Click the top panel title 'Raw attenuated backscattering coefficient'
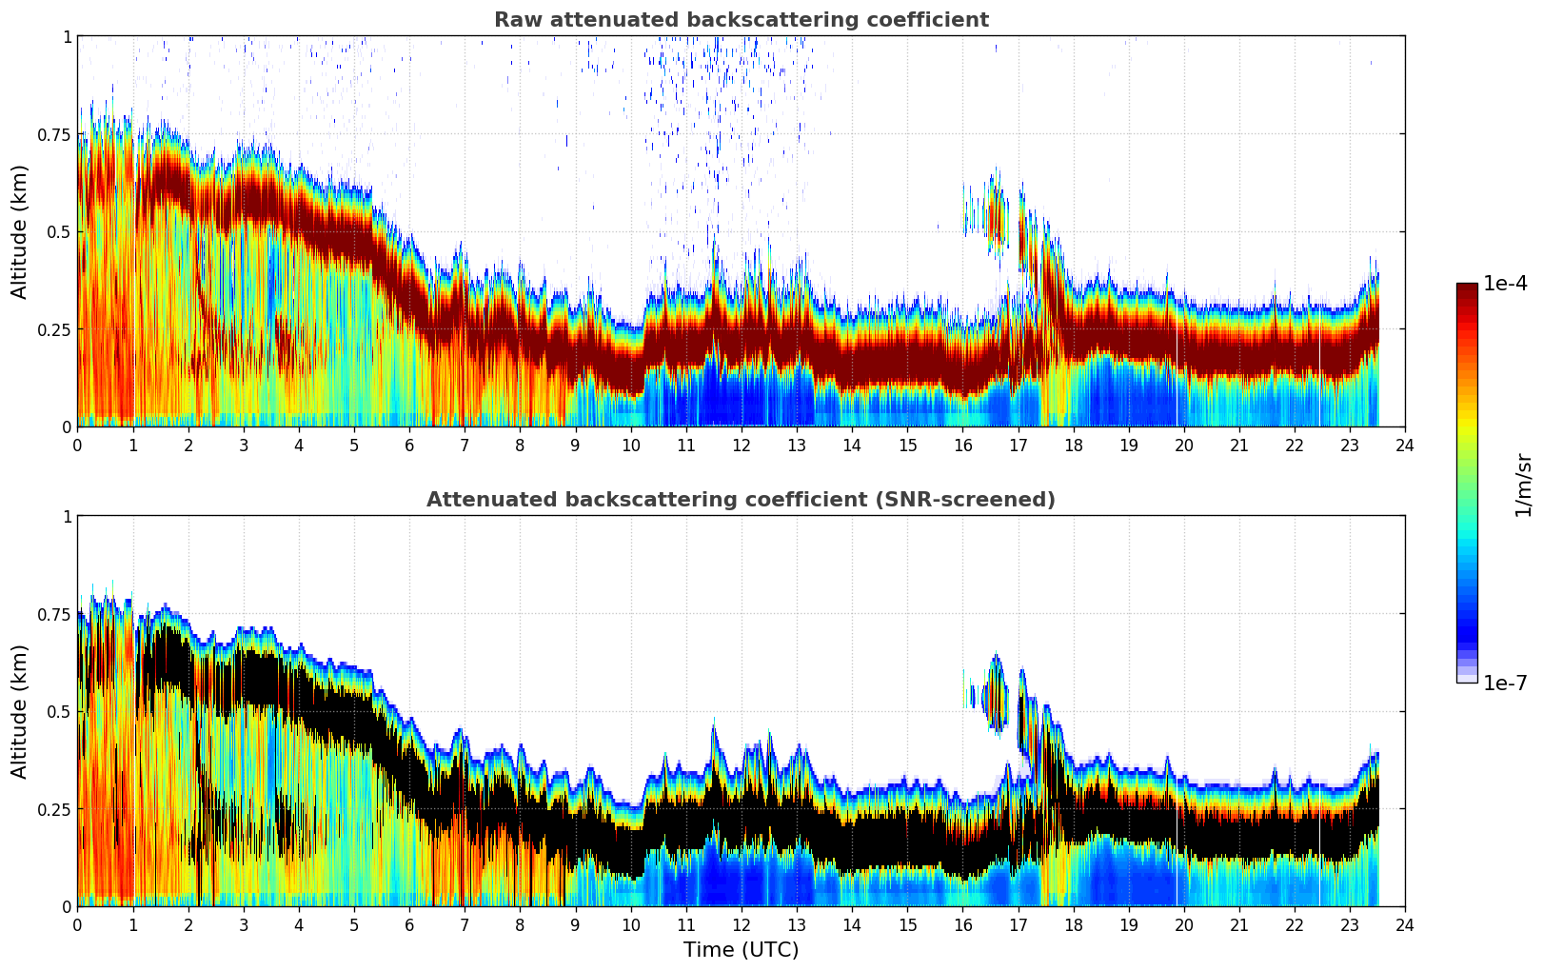pyautogui.click(x=741, y=20)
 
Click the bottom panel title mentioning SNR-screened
pyautogui.click(x=741, y=500)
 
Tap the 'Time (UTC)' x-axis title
pyautogui.click(x=741, y=950)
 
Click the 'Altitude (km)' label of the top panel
pyautogui.click(x=20, y=231)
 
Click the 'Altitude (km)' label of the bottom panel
pyautogui.click(x=20, y=711)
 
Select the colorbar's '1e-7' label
pyautogui.click(x=1505, y=683)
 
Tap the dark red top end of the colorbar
pyautogui.click(x=1467, y=288)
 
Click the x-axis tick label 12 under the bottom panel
pyautogui.click(x=742, y=924)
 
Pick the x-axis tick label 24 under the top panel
pyautogui.click(x=1405, y=445)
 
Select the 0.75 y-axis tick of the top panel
pyautogui.click(x=52, y=134)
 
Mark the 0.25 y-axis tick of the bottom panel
pyautogui.click(x=52, y=809)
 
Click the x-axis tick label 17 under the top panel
pyautogui.click(x=1018, y=445)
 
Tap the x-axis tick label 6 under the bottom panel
pyautogui.click(x=409, y=924)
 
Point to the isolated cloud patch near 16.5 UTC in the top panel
pyautogui.click(x=996, y=213)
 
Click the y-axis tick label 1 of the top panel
pyautogui.click(x=67, y=36)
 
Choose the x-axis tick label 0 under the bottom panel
pyautogui.click(x=78, y=924)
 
